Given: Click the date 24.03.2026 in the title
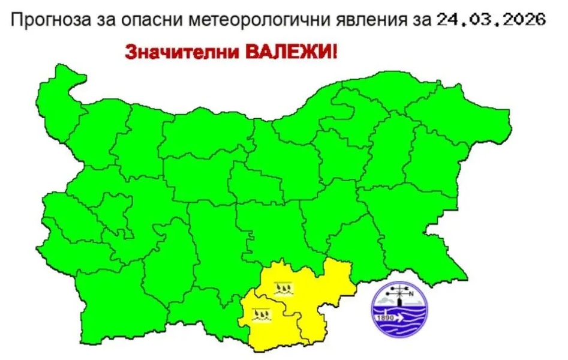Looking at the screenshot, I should coord(491,20).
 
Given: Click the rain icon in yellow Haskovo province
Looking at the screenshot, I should coord(283,289).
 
